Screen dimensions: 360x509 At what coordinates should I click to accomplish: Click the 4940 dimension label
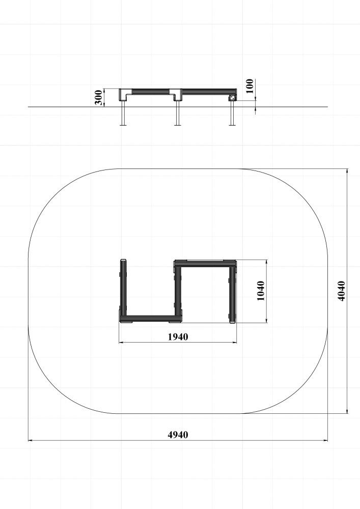coord(178,435)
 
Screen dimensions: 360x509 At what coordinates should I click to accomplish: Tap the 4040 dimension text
coord(341,291)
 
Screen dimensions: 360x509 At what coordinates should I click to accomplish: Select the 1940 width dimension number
coord(178,337)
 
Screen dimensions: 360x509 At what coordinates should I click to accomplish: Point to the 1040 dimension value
coord(260,291)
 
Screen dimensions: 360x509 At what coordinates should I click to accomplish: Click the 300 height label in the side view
coord(99,98)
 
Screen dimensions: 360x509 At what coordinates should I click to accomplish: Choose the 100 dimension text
coord(250,86)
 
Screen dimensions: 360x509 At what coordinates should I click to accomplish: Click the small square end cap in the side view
coord(232,98)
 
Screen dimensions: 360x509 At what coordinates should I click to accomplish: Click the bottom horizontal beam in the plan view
coord(151,320)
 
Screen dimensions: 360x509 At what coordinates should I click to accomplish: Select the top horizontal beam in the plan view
coord(205,263)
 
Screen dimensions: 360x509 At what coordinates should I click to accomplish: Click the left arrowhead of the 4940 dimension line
coord(31,440)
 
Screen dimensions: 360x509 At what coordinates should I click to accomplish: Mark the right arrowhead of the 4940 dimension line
coord(325,440)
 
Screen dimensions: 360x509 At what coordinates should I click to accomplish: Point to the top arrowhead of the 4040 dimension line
coord(347,171)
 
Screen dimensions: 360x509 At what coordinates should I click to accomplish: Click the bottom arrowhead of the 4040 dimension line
coord(347,411)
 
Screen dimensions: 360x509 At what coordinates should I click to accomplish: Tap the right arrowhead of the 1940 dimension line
coord(234,342)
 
